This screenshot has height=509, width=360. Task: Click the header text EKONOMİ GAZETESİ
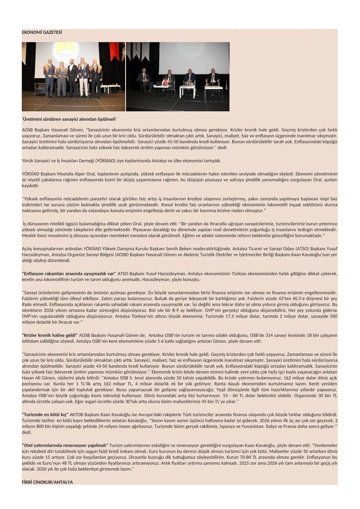[x=42, y=32]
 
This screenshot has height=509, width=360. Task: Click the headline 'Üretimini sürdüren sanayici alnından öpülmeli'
[x=69, y=119]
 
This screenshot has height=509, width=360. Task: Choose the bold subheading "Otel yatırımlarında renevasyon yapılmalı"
[x=65, y=445]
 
